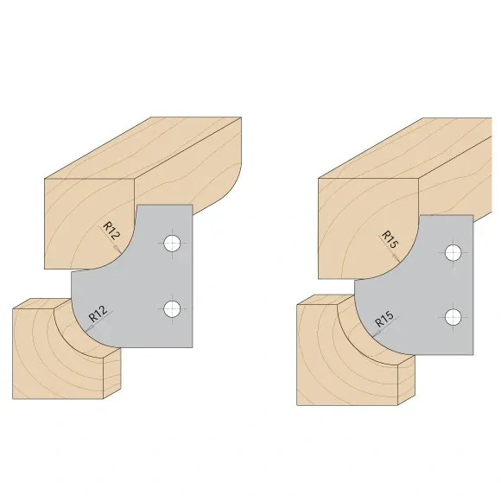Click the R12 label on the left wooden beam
click(x=111, y=232)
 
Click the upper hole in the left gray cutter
click(x=173, y=243)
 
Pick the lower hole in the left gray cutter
click(x=172, y=308)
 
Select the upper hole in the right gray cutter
click(x=453, y=253)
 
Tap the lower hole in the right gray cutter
click(x=452, y=316)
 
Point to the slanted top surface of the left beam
click(x=143, y=147)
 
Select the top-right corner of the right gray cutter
click(x=472, y=216)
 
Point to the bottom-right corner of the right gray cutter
click(x=472, y=352)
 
